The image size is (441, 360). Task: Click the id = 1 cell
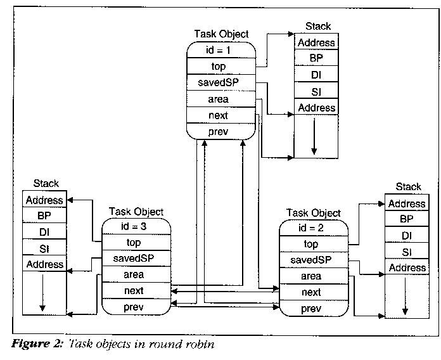tap(221, 50)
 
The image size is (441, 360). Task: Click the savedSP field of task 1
tap(221, 83)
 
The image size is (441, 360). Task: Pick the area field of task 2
tap(311, 276)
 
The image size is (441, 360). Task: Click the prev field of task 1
tap(221, 132)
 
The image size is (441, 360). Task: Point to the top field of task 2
tap(311, 245)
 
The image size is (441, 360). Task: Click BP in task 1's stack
tap(316, 59)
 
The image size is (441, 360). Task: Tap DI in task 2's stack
tap(407, 236)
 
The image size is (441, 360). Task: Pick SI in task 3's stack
tap(43, 248)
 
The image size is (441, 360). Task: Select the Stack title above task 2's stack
tap(407, 186)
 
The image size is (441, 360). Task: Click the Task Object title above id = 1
tap(222, 34)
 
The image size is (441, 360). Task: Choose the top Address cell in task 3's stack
tap(44, 200)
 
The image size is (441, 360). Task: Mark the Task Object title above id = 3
tap(136, 212)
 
